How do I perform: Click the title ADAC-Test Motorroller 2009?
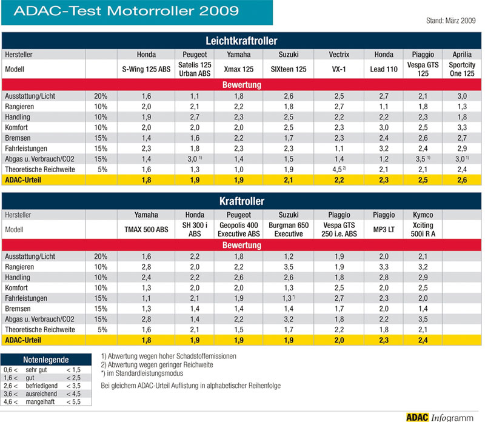(126, 11)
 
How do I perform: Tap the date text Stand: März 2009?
(450, 21)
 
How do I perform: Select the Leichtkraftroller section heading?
(241, 41)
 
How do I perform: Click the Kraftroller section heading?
(241, 201)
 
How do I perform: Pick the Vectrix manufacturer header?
(339, 55)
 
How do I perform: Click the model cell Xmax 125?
(238, 69)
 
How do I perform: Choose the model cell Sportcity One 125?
(462, 69)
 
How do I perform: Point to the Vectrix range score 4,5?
(337, 170)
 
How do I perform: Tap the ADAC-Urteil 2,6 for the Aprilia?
(462, 180)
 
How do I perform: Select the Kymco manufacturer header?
(423, 215)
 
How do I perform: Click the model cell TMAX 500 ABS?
(146, 230)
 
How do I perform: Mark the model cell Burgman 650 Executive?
(289, 230)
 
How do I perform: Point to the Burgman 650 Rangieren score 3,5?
(289, 267)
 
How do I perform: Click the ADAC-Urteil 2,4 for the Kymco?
(423, 340)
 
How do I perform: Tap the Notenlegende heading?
(46, 360)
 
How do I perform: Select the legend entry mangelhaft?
(40, 402)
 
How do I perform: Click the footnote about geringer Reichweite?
(157, 365)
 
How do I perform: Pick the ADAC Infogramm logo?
(440, 418)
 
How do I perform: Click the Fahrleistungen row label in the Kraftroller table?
(26, 298)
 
